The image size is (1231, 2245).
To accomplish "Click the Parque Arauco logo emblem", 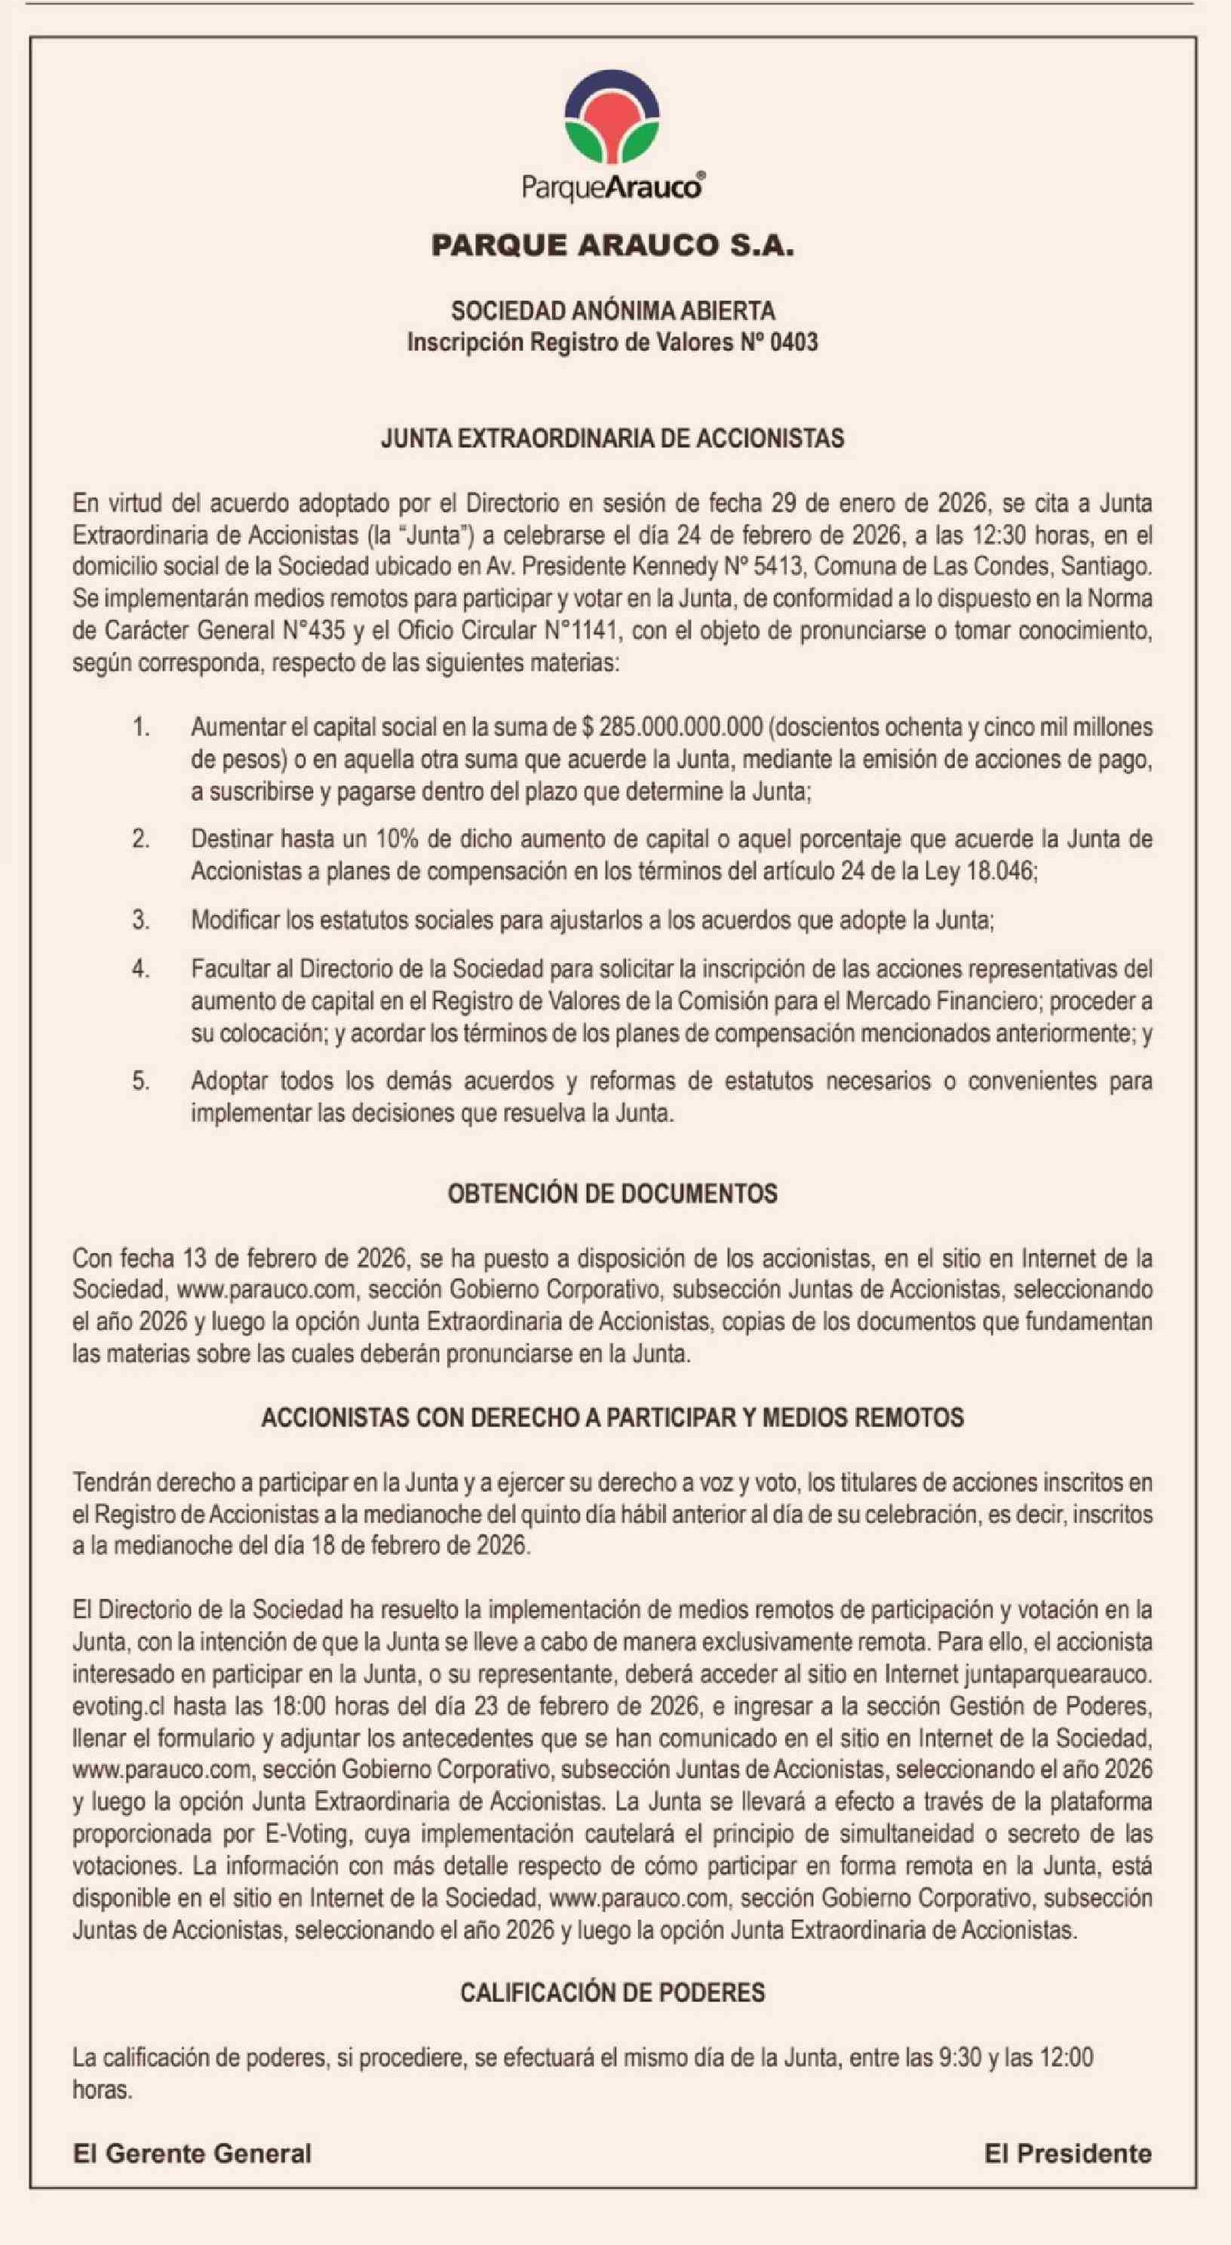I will (x=612, y=123).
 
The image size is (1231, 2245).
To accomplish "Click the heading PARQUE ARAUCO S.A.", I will (x=612, y=247).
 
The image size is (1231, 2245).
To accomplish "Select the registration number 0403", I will (x=794, y=342).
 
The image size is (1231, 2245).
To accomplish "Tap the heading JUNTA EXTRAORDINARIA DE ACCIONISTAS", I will (x=612, y=438).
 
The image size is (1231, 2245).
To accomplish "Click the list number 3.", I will (x=140, y=920).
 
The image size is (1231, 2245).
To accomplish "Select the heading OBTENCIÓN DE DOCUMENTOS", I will (x=612, y=1194).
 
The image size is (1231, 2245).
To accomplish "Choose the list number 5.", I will (x=140, y=1082).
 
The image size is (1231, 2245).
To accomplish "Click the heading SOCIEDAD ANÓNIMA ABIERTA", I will (x=612, y=310).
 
